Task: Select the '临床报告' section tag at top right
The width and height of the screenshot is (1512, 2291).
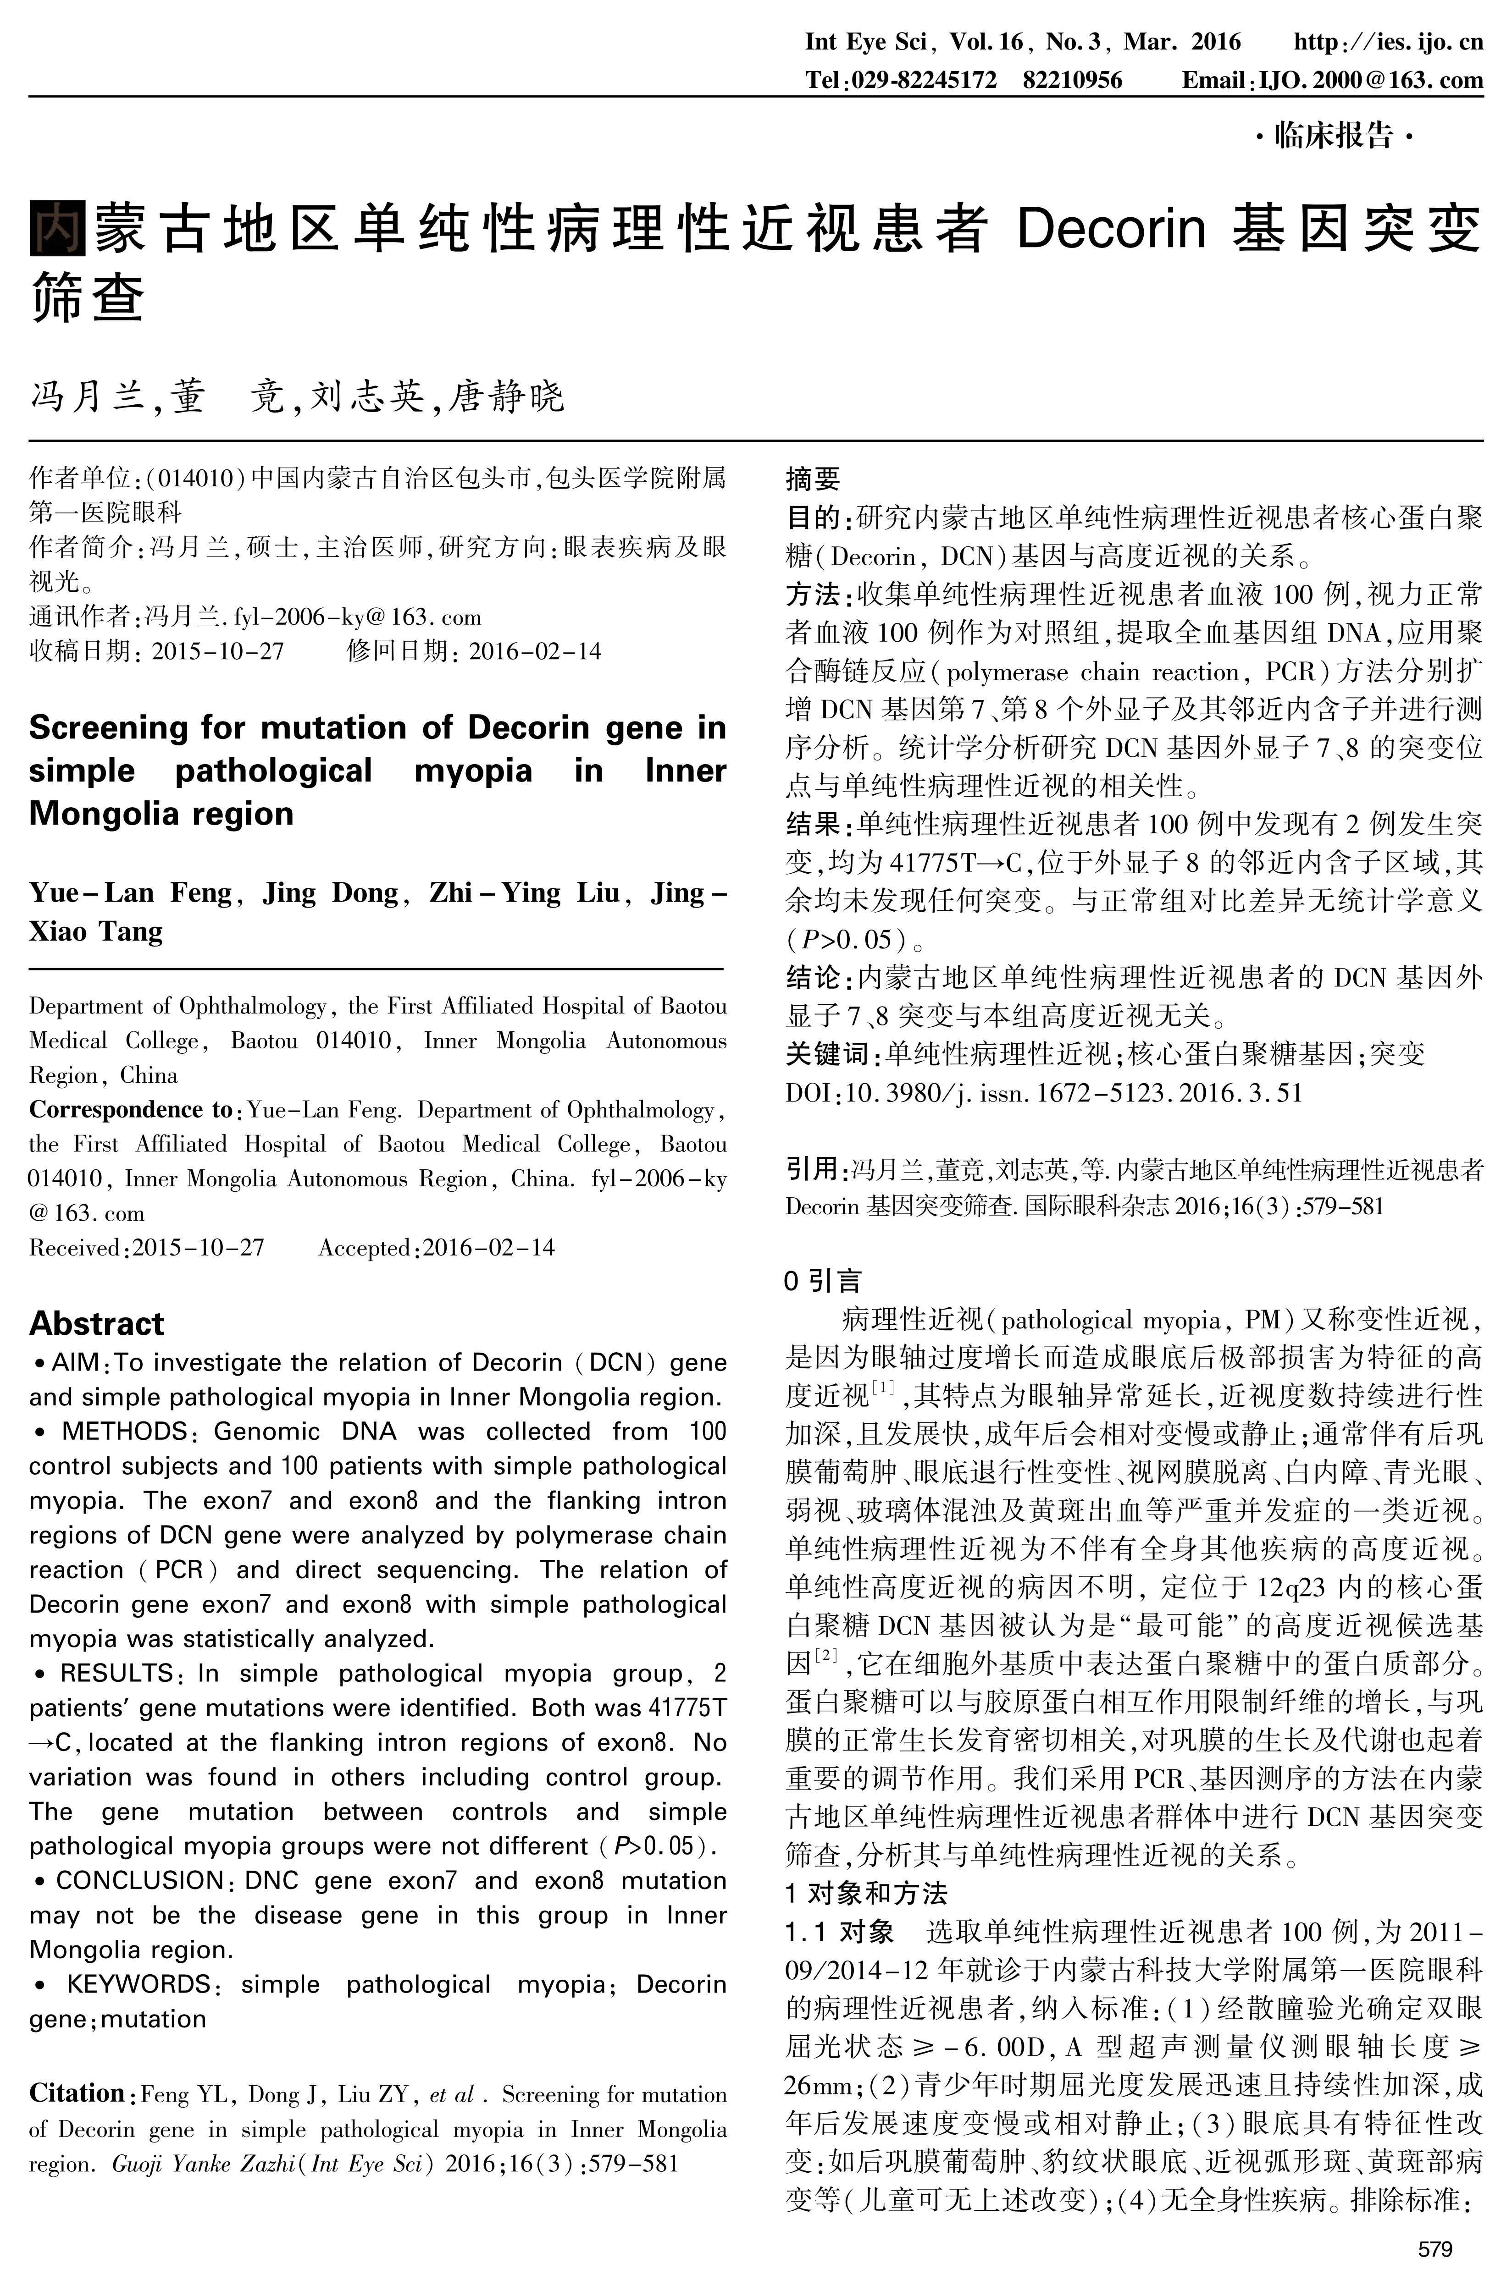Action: [1335, 137]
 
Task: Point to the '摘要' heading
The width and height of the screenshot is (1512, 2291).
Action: [813, 479]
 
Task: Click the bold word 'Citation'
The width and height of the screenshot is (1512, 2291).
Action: [76, 2093]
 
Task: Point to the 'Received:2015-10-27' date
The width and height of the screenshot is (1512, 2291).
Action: [147, 1248]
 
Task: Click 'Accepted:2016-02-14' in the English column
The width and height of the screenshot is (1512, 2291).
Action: [437, 1248]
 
